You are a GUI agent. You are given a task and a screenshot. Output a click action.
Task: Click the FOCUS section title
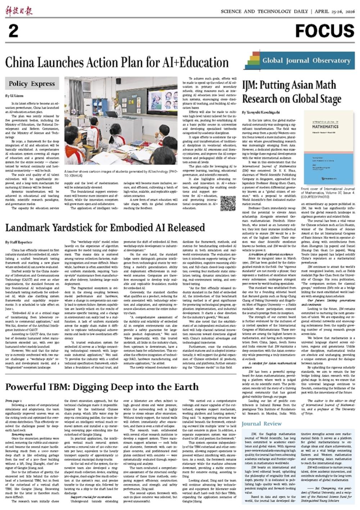pos(324,31)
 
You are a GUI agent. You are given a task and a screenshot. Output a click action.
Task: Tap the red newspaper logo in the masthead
pos(19,11)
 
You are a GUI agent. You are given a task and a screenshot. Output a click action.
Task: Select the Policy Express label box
pos(32,84)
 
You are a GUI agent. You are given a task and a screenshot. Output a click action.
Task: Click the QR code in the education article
pos(228,203)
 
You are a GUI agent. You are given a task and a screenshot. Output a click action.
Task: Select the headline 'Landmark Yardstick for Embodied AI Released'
pos(105,227)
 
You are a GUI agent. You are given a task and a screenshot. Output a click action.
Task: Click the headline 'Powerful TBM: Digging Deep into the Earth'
pos(102,387)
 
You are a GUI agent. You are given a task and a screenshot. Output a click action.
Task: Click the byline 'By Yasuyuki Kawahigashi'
pos(261,113)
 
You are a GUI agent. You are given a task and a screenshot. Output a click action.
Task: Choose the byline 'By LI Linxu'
pos(14,96)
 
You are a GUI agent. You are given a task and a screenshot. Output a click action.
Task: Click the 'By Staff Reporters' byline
pos(19,242)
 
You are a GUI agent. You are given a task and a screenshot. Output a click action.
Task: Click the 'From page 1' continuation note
pos(14,401)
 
